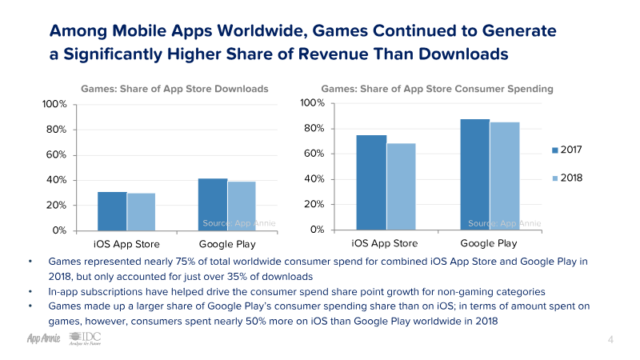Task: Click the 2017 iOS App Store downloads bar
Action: pyautogui.click(x=112, y=211)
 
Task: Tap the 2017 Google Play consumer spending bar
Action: pyautogui.click(x=474, y=174)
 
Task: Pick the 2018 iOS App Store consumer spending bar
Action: pyautogui.click(x=402, y=186)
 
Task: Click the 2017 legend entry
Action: pyautogui.click(x=570, y=150)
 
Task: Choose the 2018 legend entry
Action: pyautogui.click(x=570, y=178)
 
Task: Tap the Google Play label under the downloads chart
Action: pyautogui.click(x=226, y=244)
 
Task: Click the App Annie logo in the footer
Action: pyautogui.click(x=34, y=339)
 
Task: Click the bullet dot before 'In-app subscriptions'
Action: pyautogui.click(x=30, y=291)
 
